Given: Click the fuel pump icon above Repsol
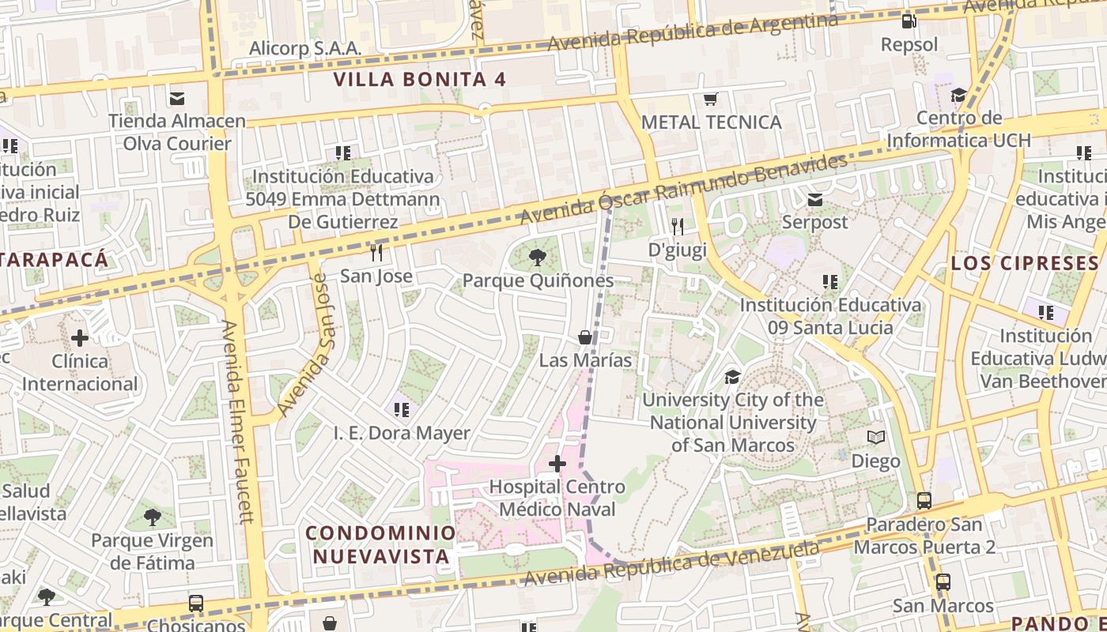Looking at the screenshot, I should (909, 21).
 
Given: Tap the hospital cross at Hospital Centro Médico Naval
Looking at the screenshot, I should (557, 463).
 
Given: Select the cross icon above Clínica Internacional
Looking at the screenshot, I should (80, 338).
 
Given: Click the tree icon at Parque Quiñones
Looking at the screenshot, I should (538, 257).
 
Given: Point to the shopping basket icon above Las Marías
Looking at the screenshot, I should (585, 337).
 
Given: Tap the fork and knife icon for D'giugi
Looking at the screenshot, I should (677, 227).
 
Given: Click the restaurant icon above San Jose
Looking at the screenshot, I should (376, 253).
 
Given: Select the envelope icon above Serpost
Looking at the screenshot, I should (814, 200).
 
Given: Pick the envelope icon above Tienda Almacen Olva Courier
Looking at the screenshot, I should (177, 99).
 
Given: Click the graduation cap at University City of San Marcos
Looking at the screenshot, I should (732, 377).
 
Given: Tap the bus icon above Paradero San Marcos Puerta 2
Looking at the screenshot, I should (924, 500).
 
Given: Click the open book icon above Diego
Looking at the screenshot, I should (876, 438).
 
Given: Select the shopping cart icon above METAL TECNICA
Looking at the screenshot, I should (710, 100).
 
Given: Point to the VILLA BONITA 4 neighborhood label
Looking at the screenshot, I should (420, 79).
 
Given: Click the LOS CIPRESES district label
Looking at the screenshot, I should (1025, 263).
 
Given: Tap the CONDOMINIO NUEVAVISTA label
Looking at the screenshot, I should (381, 544).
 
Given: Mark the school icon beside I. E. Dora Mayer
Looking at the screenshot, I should (402, 410).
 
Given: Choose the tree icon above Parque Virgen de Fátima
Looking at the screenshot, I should (152, 518).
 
